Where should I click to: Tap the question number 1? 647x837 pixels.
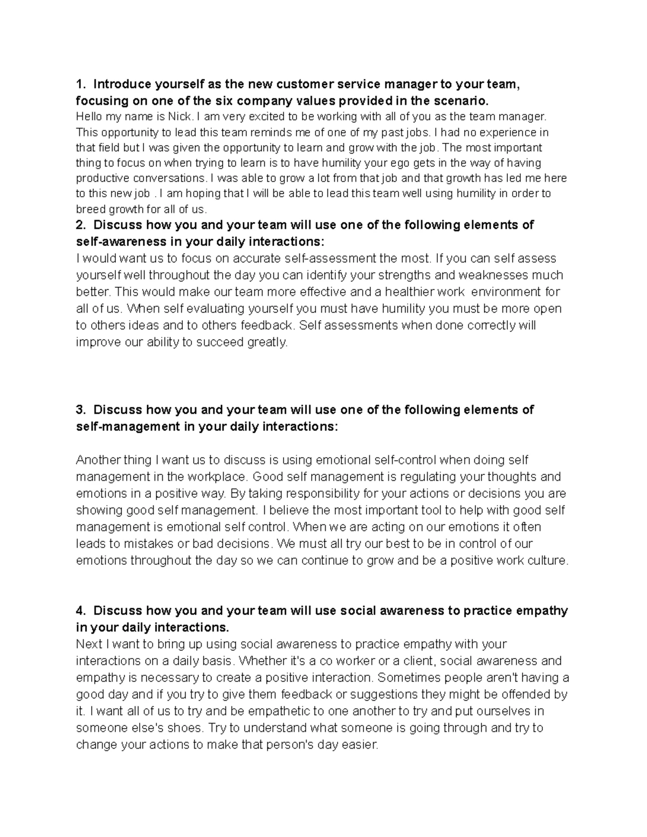tap(80, 84)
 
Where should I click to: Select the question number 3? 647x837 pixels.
tap(80, 410)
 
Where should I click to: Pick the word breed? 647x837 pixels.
tap(90, 209)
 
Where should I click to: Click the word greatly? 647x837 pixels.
tap(267, 342)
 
